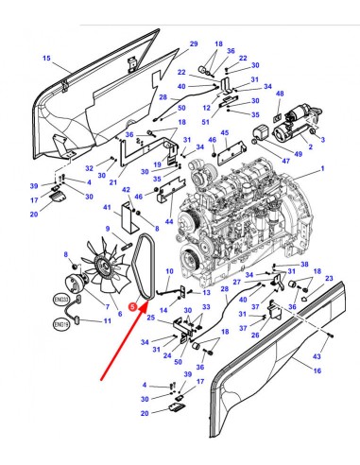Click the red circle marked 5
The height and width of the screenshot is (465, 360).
point(136,305)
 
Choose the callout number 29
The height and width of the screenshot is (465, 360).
point(194,44)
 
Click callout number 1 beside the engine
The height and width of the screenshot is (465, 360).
point(322,169)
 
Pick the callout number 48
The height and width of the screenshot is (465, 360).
point(280,95)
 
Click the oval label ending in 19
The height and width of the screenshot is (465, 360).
point(62,324)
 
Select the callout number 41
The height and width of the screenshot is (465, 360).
point(108,207)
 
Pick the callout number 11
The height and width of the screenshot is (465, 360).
point(105,321)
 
